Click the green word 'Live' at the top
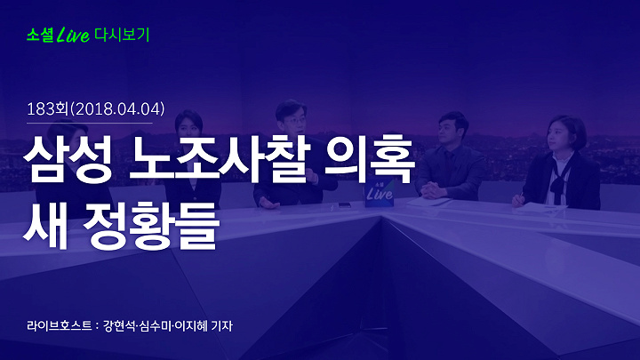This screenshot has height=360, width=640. (x=74, y=35)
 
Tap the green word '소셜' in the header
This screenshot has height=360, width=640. (x=40, y=35)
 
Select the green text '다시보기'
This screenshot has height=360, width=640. (x=122, y=35)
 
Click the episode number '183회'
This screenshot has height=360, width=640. (x=47, y=109)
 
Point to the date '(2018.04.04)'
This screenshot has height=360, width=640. (x=117, y=109)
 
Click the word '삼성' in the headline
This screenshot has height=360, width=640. (x=68, y=159)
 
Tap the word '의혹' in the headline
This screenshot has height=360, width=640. (x=370, y=159)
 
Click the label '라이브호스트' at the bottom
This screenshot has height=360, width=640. (x=60, y=325)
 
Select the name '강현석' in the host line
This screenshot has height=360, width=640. (x=119, y=325)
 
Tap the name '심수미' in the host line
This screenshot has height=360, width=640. (x=155, y=325)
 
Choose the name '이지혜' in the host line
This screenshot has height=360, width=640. (x=190, y=325)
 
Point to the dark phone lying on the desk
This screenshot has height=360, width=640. (x=345, y=205)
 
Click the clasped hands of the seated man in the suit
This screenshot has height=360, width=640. (x=433, y=191)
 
